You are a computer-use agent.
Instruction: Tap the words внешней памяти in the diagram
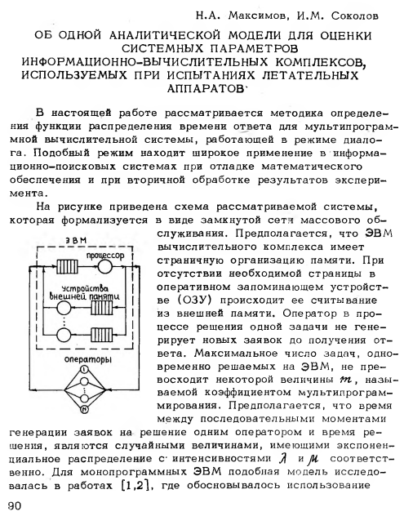point(84,296)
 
